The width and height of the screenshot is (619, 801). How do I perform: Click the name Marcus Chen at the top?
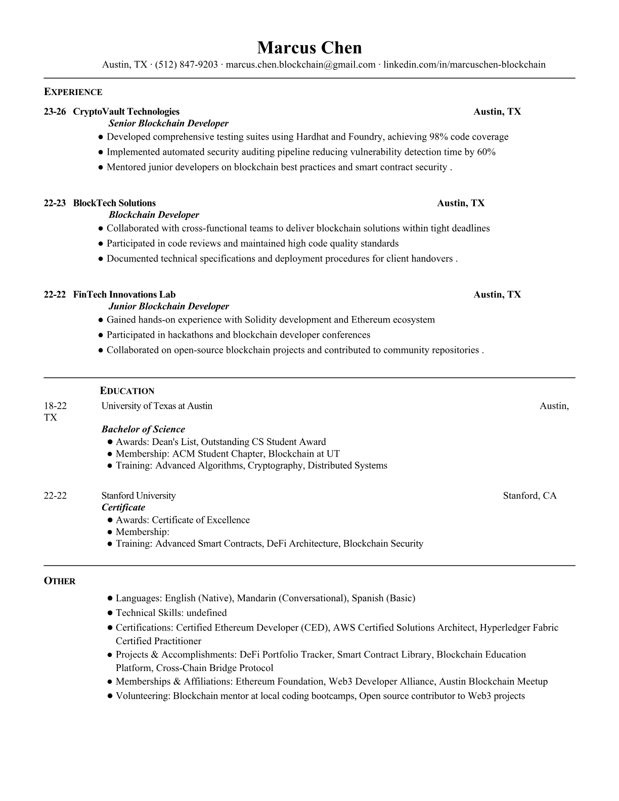(x=309, y=48)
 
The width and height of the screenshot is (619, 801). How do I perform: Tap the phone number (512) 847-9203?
(x=186, y=65)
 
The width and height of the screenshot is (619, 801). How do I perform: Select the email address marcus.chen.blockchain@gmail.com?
(x=300, y=65)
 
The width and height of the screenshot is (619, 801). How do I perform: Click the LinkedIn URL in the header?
(x=464, y=65)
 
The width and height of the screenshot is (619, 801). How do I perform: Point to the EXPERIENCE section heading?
(x=73, y=92)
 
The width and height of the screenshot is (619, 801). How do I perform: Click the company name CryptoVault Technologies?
(x=126, y=112)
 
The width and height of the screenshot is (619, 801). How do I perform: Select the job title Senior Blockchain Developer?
(x=168, y=123)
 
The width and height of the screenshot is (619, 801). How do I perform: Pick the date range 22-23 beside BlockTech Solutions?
(x=55, y=203)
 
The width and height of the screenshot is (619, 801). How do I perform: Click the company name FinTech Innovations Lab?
(x=124, y=295)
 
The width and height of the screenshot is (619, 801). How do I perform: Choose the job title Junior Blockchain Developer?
(x=168, y=306)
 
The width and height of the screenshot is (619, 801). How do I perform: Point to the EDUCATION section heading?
(x=127, y=391)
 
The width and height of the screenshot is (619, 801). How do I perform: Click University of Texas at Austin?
(x=157, y=406)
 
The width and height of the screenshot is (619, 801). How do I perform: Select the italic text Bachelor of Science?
(x=143, y=429)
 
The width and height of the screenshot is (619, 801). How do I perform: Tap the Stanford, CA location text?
(x=529, y=496)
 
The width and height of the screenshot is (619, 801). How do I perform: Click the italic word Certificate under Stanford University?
(x=123, y=508)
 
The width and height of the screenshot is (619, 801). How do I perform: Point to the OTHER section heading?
(x=60, y=581)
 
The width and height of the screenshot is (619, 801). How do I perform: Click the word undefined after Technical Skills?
(x=206, y=613)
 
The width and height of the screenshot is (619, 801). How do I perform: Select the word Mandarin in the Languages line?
(x=256, y=598)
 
